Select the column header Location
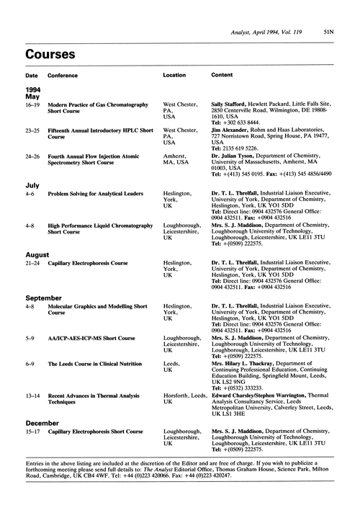click(x=174, y=75)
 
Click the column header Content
click(x=221, y=75)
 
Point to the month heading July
click(x=32, y=186)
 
